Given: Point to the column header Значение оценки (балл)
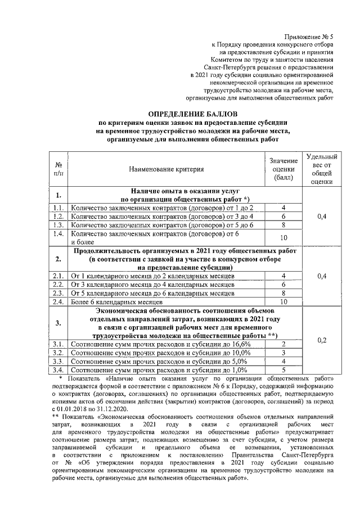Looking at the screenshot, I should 283,169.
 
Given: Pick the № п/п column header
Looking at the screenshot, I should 58,169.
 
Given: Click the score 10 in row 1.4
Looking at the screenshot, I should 283,237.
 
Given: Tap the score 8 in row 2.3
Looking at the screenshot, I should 283,293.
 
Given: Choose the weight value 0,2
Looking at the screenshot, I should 321,340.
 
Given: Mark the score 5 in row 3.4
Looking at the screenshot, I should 283,370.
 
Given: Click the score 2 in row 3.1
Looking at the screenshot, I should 283,344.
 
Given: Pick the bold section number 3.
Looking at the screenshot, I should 58,323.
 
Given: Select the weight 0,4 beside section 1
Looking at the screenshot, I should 321,216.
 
